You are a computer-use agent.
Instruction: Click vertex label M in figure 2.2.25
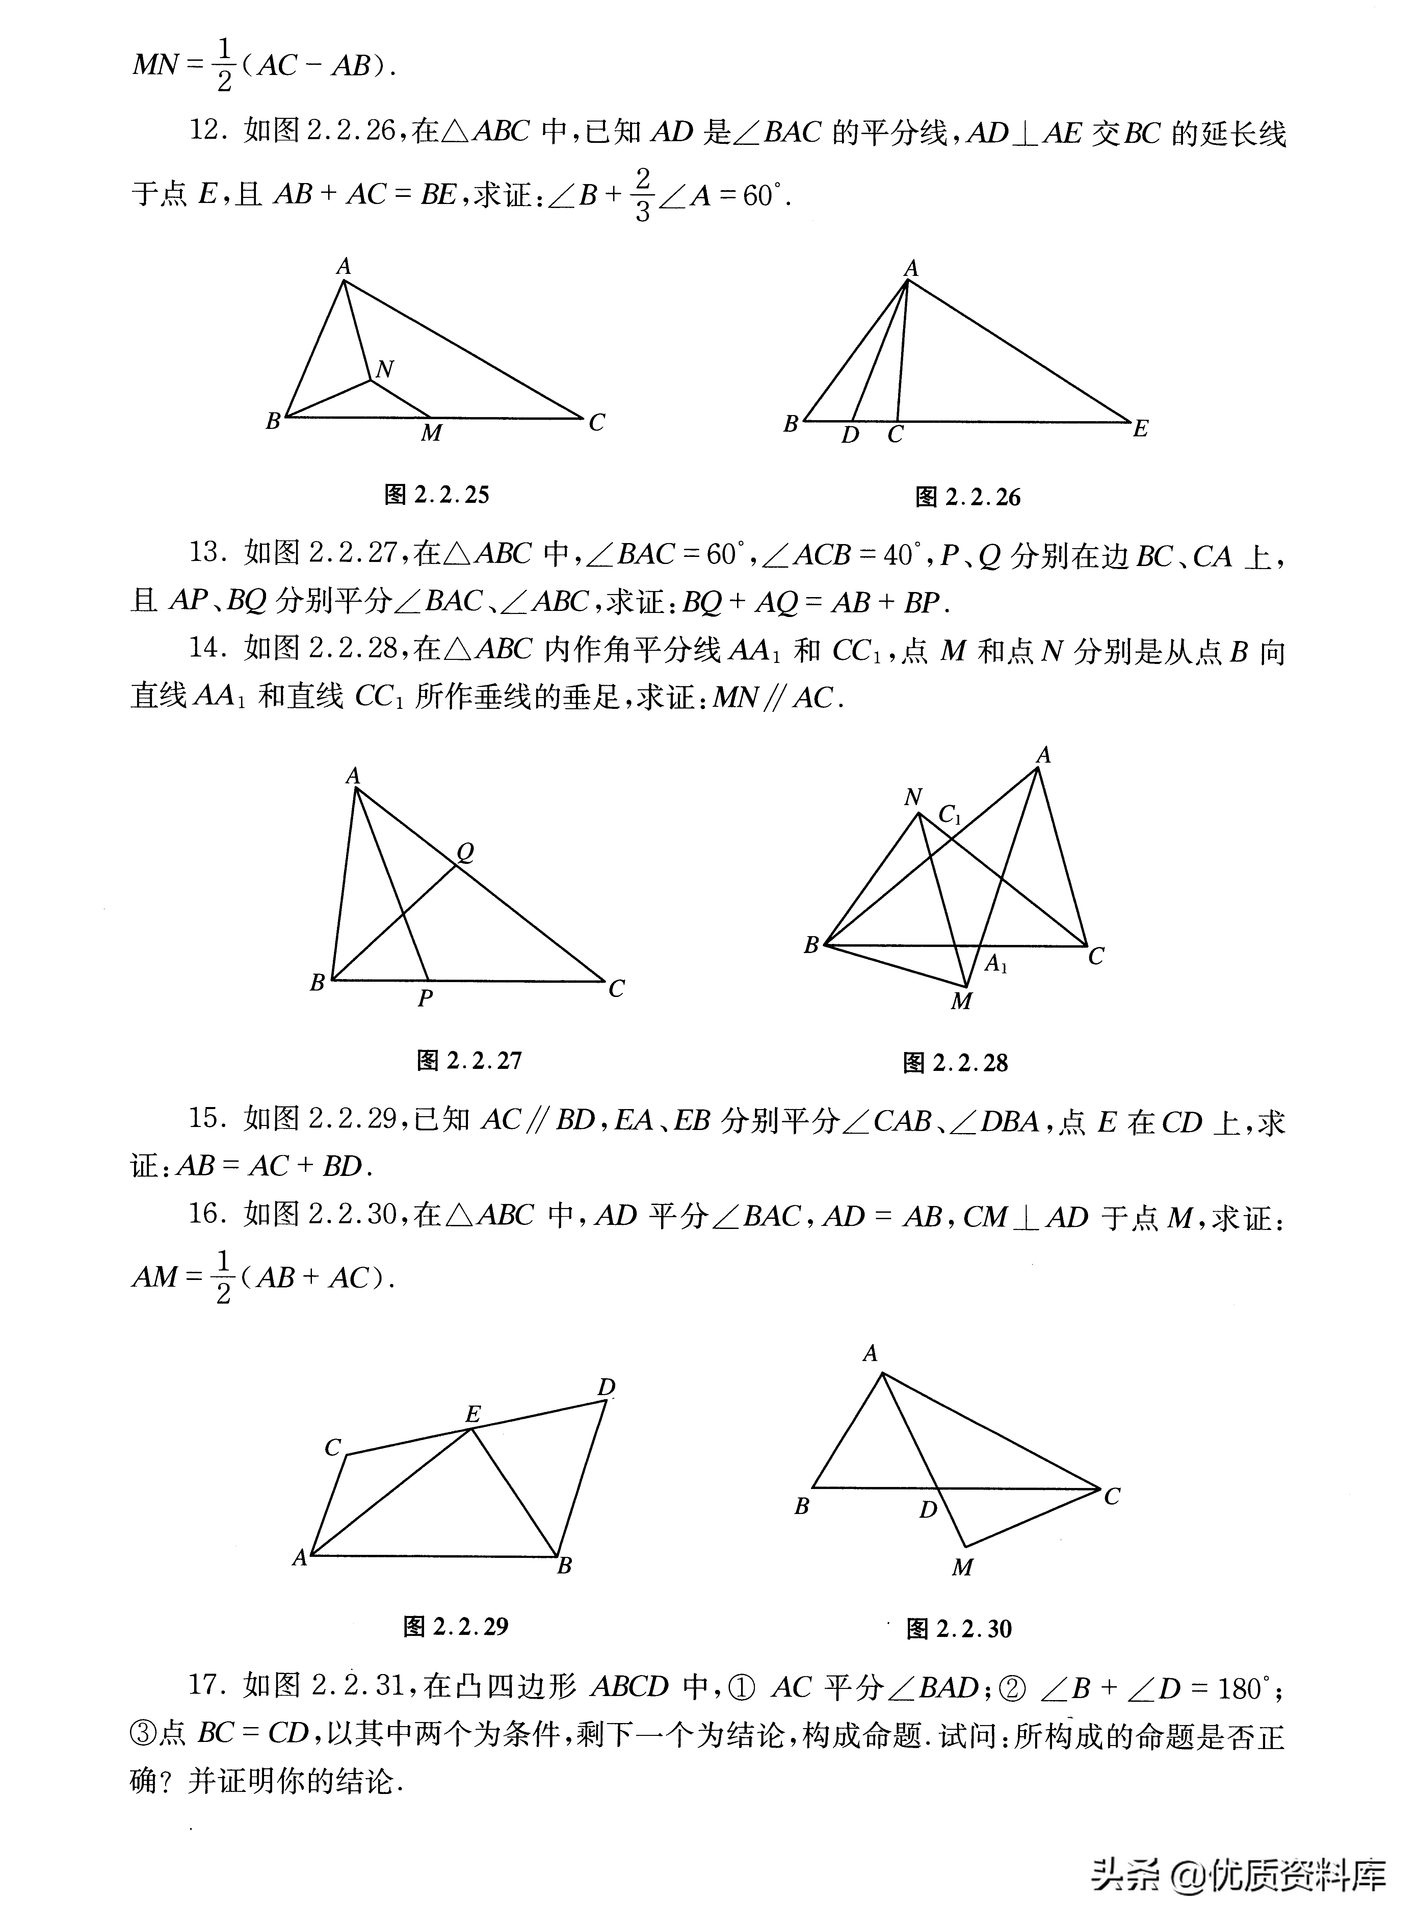(x=431, y=434)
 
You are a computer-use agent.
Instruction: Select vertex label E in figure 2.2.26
(x=1140, y=429)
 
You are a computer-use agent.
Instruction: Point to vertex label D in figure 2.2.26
(x=850, y=435)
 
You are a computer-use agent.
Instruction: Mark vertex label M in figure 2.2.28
(x=961, y=1001)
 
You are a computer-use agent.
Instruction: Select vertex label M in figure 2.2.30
(x=962, y=1567)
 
